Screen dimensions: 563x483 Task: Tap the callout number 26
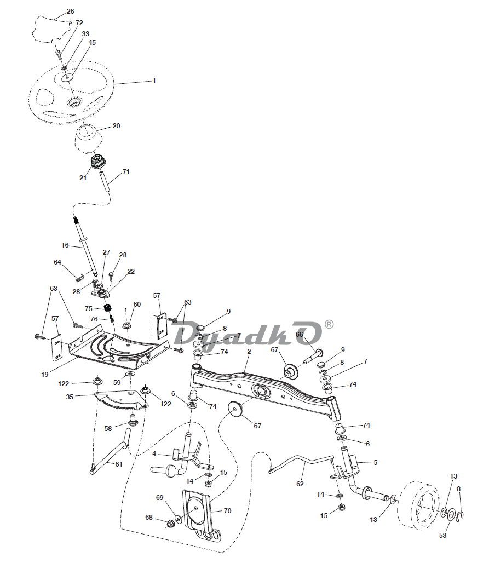(x=70, y=12)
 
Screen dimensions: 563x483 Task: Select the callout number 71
(x=126, y=172)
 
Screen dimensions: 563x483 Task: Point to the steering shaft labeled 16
(x=87, y=246)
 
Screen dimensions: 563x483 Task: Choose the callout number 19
(x=44, y=375)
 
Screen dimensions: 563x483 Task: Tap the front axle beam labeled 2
(x=263, y=387)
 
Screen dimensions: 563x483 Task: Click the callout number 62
(x=300, y=483)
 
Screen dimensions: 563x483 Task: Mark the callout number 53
(x=442, y=535)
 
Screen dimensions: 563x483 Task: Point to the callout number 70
(x=227, y=510)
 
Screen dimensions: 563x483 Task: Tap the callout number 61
(x=119, y=464)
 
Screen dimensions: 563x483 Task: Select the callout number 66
(x=300, y=335)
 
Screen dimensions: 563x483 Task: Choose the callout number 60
(x=137, y=305)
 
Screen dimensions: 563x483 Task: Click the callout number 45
(x=92, y=42)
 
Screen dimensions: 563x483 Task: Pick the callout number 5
(x=375, y=463)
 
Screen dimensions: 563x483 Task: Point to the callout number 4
(x=154, y=453)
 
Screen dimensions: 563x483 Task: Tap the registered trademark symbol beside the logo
(x=329, y=324)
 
